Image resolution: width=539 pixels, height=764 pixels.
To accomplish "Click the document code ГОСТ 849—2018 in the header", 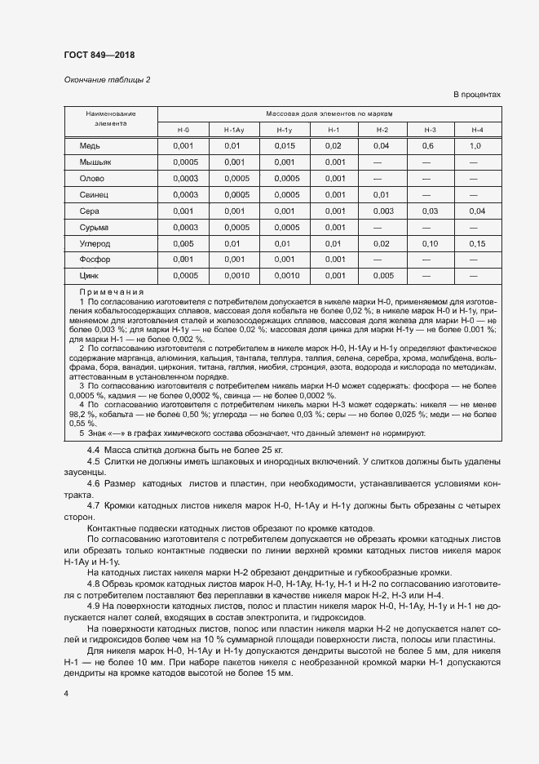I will pos(99,56).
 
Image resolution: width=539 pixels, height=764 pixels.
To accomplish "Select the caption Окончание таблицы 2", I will pos(107,79).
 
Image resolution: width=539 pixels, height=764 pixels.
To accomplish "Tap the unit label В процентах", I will pos(477,95).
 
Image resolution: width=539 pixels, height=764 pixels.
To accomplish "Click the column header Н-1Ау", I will pos(233,131).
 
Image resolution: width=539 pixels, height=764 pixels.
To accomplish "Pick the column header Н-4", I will pos(477,131).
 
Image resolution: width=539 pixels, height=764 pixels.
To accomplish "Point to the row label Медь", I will pos(90,145).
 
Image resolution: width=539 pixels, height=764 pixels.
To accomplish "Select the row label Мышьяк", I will pos(95,162).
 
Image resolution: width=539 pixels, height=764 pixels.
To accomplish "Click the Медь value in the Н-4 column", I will pos(477,145).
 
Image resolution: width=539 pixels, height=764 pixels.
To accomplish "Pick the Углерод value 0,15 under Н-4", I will pos(477,243).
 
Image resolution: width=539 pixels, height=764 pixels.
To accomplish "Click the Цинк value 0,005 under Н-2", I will pos(382,276).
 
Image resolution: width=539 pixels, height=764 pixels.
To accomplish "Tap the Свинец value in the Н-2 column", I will pos(382,194).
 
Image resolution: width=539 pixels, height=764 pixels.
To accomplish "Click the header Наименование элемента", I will pos(111,118).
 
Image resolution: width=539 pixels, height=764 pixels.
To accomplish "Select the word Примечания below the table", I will pos(112,291).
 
